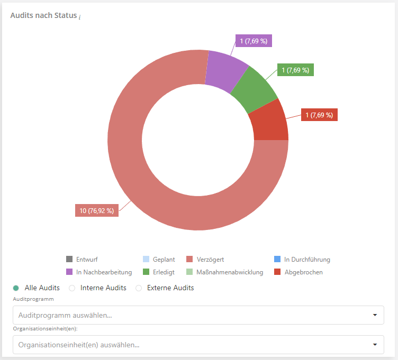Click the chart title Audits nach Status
[x=43, y=15]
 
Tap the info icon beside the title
[x=80, y=17]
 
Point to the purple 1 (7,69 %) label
[x=254, y=41]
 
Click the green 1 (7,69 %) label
[x=295, y=70]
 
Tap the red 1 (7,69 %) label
[x=319, y=115]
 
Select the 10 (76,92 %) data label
[x=96, y=210]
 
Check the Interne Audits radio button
[x=72, y=288]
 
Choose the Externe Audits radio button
[x=139, y=288]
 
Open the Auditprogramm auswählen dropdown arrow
[x=375, y=315]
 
